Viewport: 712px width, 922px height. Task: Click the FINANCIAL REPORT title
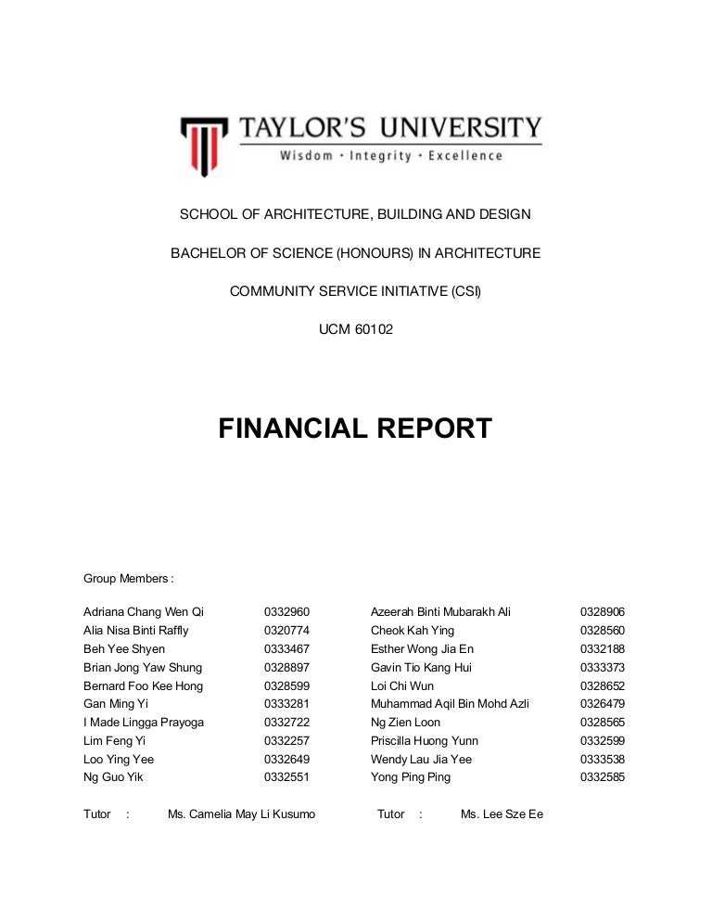355,429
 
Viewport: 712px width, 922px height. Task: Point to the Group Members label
128,579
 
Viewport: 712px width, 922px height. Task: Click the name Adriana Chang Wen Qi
144,612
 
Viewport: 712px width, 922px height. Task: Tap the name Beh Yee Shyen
124,649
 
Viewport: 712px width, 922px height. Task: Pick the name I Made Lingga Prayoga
145,723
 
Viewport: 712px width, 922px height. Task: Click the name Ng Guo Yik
114,777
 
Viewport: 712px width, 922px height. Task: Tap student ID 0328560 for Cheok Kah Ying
603,631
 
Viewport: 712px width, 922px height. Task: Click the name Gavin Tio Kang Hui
421,668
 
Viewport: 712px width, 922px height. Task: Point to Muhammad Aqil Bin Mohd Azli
450,704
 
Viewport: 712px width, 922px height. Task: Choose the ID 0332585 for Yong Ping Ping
603,777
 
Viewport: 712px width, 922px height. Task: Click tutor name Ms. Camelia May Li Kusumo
241,814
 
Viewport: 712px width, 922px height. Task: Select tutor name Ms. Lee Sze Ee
502,814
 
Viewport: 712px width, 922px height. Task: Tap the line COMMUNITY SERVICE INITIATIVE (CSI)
355,290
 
